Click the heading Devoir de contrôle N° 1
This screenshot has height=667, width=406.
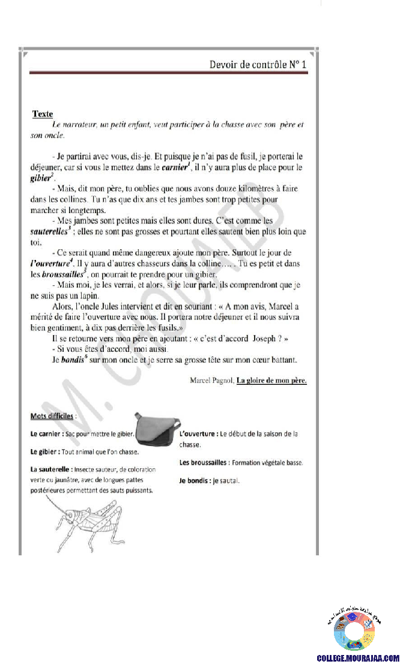pyautogui.click(x=258, y=64)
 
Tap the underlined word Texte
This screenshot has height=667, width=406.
pyautogui.click(x=43, y=113)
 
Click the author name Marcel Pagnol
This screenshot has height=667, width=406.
pyautogui.click(x=211, y=380)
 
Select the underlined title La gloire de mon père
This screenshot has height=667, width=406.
pyautogui.click(x=271, y=380)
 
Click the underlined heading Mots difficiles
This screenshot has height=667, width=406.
pyautogui.click(x=52, y=416)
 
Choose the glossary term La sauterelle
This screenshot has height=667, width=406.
pyautogui.click(x=51, y=469)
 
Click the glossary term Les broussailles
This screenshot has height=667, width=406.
pyautogui.click(x=204, y=462)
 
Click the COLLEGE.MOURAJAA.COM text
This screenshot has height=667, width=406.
pyautogui.click(x=358, y=658)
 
